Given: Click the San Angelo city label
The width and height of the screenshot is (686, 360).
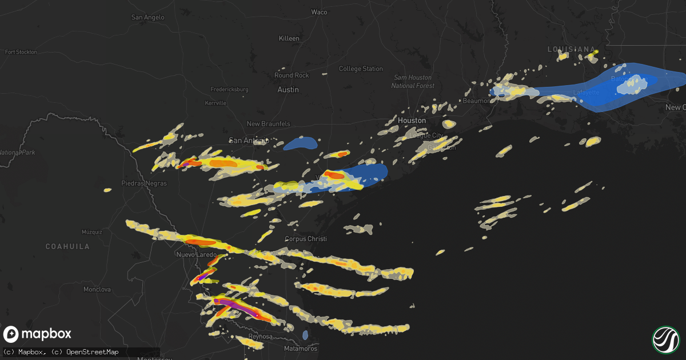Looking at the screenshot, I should tap(147, 17).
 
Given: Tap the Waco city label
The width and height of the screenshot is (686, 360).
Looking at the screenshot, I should tap(319, 12).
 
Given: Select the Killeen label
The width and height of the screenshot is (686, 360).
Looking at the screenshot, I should tap(289, 38).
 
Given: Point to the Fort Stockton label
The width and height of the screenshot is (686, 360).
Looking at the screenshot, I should tap(21, 52).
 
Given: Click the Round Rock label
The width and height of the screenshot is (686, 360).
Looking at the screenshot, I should tap(292, 75).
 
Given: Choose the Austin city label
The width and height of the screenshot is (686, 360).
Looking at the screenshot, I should tap(288, 90).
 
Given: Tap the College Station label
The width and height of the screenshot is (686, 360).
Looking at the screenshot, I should tap(361, 69).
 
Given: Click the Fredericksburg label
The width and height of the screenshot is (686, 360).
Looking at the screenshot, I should tap(229, 90).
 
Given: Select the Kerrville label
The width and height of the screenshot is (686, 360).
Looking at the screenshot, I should tap(216, 103).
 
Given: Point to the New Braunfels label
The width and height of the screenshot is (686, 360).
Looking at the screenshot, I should tap(268, 124).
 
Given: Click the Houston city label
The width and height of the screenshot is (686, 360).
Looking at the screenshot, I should tap(412, 121).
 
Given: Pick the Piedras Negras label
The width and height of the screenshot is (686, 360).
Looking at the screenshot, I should tap(144, 183).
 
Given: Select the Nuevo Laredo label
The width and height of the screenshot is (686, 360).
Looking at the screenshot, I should tap(197, 254).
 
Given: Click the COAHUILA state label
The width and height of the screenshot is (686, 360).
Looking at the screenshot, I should tap(68, 246).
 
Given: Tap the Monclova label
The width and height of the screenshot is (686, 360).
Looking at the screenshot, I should tap(97, 290).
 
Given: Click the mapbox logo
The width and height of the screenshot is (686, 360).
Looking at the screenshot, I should tap(38, 334).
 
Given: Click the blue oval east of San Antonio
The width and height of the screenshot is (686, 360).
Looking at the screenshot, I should tap(301, 143).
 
